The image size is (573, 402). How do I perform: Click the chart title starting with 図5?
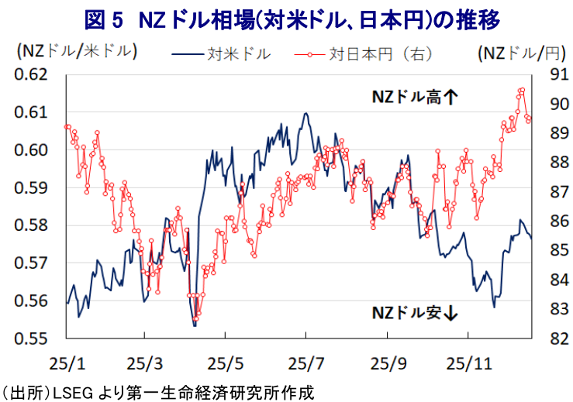[286, 18]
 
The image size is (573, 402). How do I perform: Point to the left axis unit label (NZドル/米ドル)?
[76, 53]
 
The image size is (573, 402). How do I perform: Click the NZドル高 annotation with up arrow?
[415, 97]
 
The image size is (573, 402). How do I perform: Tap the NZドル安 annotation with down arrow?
[415, 313]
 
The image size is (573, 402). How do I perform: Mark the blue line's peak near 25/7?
[306, 113]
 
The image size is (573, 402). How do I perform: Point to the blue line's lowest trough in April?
[195, 325]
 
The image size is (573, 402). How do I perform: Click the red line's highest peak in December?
[521, 90]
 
